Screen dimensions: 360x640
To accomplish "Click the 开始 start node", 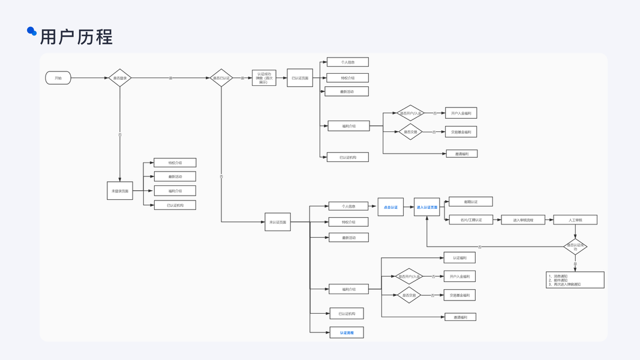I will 58,78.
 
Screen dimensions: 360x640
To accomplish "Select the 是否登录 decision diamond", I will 120,78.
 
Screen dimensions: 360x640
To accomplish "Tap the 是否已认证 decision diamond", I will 221,78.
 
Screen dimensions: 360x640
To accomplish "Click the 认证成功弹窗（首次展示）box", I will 264,78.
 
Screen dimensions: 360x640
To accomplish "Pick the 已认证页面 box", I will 300,78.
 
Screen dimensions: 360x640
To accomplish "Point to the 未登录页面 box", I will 120,191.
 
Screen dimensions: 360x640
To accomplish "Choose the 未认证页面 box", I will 278,222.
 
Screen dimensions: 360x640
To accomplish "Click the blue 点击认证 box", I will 390,207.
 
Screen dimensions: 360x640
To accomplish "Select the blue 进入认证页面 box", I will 427,207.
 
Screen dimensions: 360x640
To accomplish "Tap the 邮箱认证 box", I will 471,202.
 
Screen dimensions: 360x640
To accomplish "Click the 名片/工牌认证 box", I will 471,220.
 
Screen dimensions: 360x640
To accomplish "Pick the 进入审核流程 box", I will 523,220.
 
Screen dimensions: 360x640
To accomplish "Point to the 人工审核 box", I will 575,220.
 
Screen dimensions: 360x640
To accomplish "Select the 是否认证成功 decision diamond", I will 575,247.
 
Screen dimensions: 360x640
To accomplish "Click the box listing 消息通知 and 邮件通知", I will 575,280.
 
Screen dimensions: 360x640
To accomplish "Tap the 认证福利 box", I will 459,257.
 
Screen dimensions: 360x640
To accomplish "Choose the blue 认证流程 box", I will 347,332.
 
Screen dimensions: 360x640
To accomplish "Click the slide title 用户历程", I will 76,37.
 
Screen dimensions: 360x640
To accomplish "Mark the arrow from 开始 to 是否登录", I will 89,78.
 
